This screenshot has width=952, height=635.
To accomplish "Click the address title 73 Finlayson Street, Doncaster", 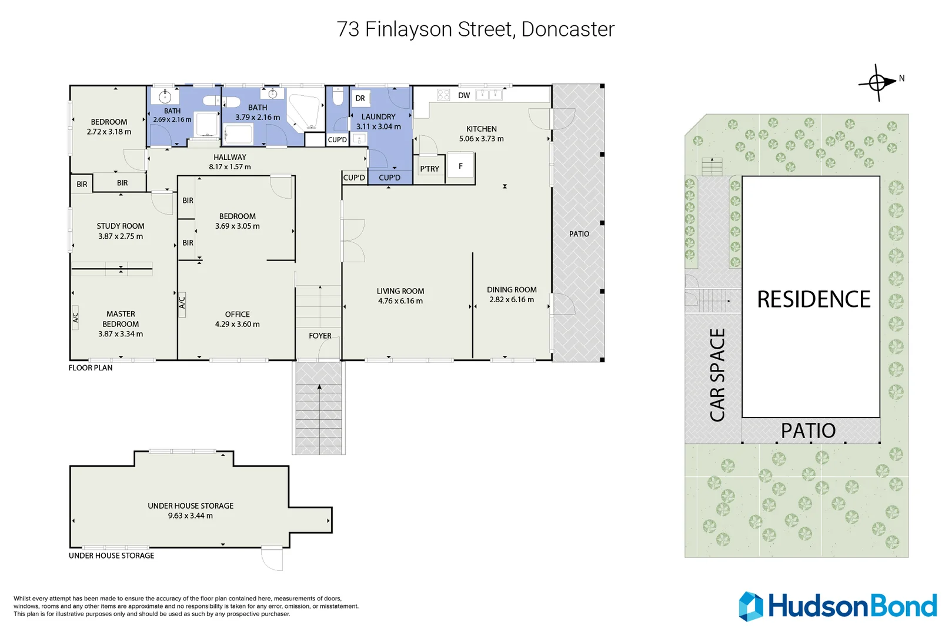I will coord(475,29).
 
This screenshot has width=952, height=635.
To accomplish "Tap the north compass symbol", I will coord(877,82).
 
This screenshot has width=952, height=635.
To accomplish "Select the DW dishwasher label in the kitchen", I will coord(464,95).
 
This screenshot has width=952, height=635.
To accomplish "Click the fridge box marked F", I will coord(460,166).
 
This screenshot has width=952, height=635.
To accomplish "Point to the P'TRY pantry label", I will coord(429,169).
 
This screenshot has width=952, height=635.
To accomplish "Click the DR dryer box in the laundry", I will coord(360,98).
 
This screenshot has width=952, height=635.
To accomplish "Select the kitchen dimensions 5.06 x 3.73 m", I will coord(481,139).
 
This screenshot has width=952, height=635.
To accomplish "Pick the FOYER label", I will coord(320,336).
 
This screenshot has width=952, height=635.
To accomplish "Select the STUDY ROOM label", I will coord(121,226).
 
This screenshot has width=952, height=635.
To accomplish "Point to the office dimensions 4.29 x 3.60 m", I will coord(237,324).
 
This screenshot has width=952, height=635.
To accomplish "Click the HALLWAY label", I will coord(230,157).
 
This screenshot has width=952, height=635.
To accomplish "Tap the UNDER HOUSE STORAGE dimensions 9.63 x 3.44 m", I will coord(190,516).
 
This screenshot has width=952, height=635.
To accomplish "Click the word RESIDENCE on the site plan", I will coord(813,300).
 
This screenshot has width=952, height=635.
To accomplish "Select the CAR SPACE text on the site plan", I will coord(717,375).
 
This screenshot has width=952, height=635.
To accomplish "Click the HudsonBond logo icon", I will coord(751,606).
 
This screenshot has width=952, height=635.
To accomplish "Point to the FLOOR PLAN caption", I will coord(91,367).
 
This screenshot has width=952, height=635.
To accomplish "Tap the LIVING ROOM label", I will coord(400,291).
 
